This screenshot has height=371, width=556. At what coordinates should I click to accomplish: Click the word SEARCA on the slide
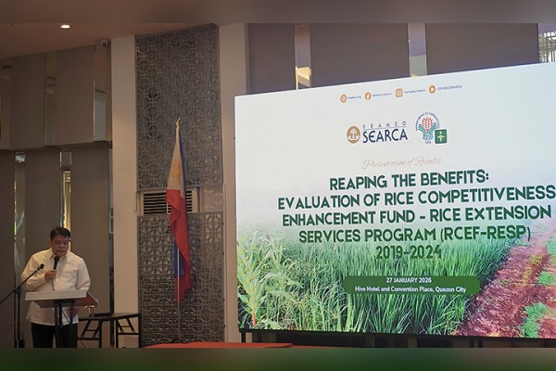pyautogui.click(x=385, y=135)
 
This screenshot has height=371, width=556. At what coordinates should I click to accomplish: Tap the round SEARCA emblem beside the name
pyautogui.click(x=353, y=134)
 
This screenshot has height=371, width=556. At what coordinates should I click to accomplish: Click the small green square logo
pyautogui.click(x=441, y=135)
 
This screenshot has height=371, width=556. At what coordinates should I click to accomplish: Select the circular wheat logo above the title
pyautogui.click(x=426, y=126)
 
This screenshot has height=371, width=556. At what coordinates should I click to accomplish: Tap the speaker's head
pyautogui.click(x=60, y=239)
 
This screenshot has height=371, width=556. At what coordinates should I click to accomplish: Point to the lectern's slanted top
pyautogui.click(x=59, y=298)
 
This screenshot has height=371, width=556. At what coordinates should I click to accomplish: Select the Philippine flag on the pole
pyautogui.click(x=179, y=213)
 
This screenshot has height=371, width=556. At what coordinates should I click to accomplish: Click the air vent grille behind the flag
pyautogui.click(x=158, y=202)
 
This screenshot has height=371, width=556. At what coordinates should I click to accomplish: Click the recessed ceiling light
pyautogui.click(x=64, y=26)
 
